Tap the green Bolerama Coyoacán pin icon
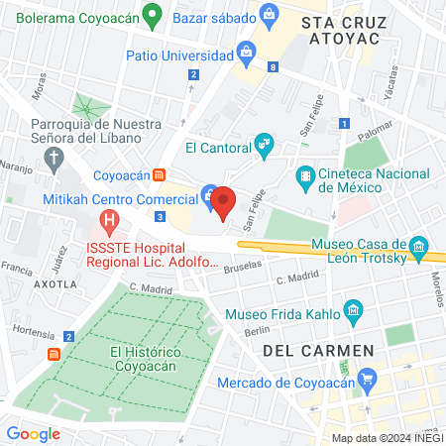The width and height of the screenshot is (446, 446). click(x=152, y=15)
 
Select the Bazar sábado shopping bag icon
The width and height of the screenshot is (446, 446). click(x=269, y=14)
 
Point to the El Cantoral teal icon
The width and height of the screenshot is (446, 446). click(x=263, y=146)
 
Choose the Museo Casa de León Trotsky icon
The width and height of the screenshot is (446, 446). click(x=419, y=246)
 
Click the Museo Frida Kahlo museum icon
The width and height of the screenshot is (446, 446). click(x=354, y=313)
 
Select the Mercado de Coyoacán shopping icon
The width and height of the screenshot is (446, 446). click(x=368, y=378)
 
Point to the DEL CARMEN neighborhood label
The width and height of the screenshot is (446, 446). click(x=318, y=350)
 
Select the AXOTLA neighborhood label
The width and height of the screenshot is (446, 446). click(x=56, y=283)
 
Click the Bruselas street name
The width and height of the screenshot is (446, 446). click(x=244, y=267)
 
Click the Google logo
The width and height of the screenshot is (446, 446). click(x=33, y=433)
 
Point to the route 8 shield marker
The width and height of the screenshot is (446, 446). click(x=273, y=67)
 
